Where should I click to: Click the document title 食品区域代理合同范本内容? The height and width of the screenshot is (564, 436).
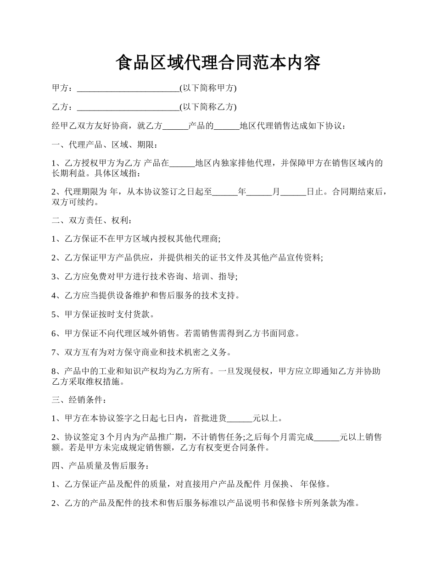click(x=218, y=63)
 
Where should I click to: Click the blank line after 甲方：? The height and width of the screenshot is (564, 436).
click(x=128, y=88)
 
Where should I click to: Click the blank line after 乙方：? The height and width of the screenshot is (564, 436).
click(x=128, y=107)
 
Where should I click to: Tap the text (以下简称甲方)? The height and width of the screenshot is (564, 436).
click(x=208, y=88)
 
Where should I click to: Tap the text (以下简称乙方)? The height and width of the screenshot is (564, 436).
click(x=208, y=107)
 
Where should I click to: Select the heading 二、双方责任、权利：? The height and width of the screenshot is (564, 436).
click(x=92, y=220)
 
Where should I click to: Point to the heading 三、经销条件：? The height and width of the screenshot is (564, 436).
click(x=80, y=399)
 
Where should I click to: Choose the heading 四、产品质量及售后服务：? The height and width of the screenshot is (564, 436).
click(x=101, y=466)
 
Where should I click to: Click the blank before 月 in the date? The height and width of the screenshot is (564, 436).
click(x=259, y=192)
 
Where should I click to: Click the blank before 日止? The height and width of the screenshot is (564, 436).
click(x=293, y=192)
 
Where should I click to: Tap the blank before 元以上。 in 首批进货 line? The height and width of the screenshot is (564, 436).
click(x=240, y=418)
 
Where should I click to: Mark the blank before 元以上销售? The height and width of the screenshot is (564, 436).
click(x=326, y=437)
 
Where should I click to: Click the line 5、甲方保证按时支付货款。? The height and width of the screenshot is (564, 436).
click(x=103, y=315)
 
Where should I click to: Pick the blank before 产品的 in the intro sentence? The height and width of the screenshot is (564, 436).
click(x=175, y=126)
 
